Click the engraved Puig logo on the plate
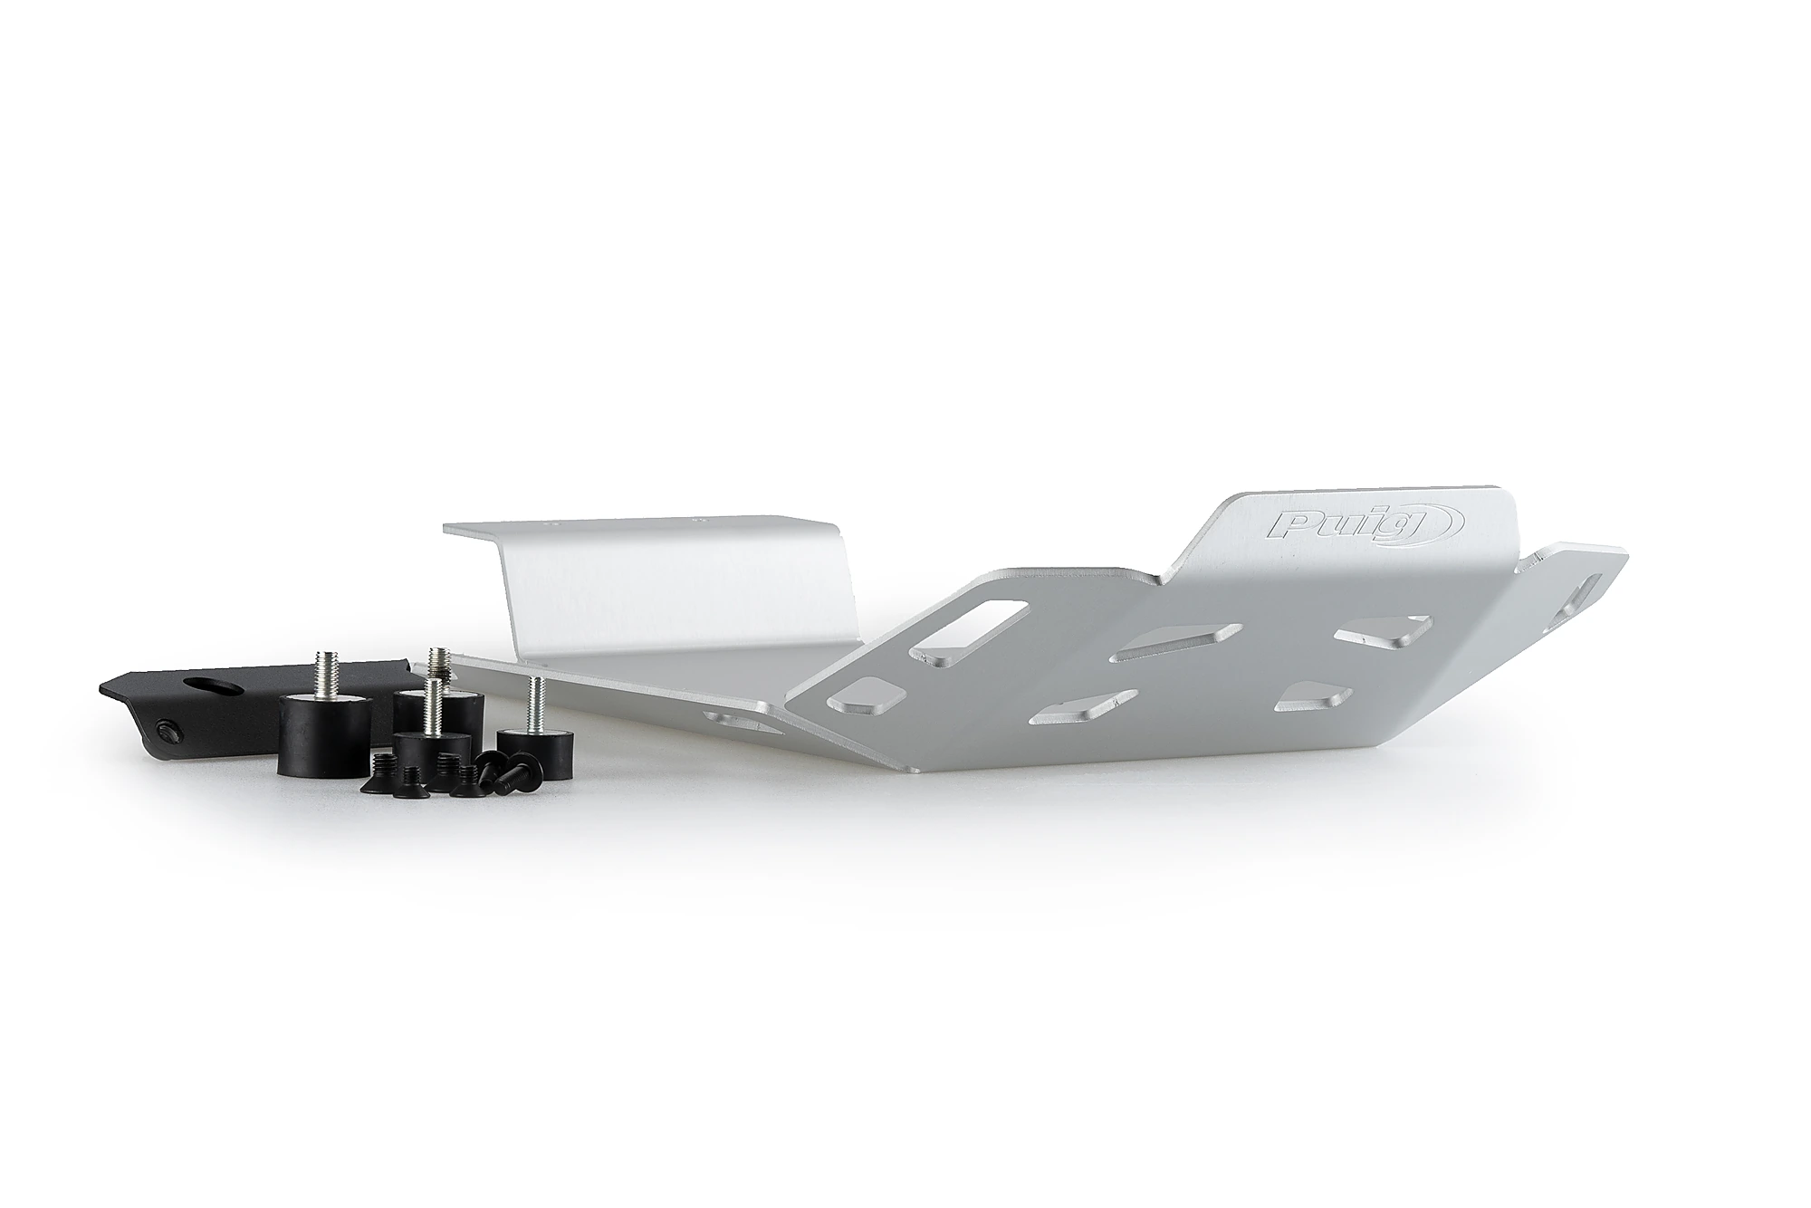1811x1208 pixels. click(x=1325, y=525)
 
